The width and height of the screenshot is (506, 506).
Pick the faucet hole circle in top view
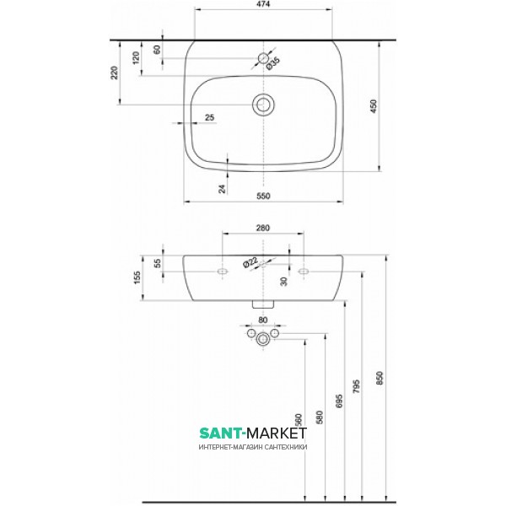[x=263, y=58]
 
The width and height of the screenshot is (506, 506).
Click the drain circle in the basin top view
[x=263, y=104]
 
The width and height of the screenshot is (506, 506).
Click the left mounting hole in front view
[x=223, y=272]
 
